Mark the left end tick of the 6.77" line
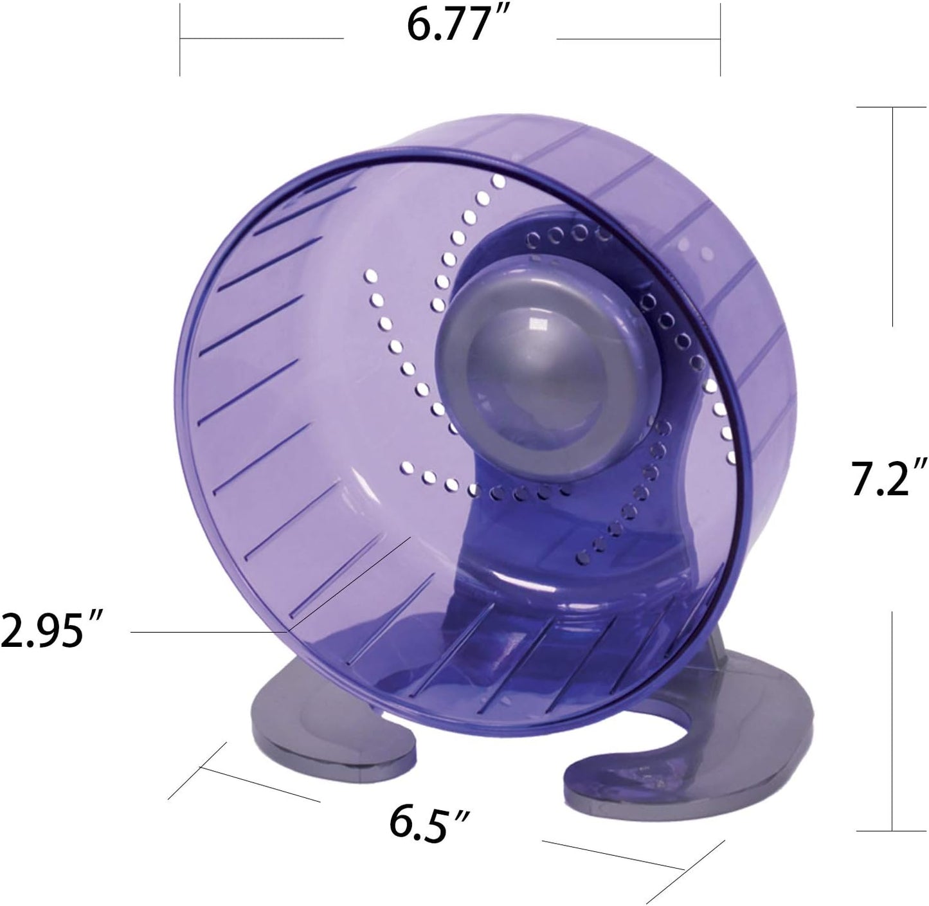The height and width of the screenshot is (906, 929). coord(180,39)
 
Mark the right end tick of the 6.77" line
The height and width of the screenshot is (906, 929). coord(720,39)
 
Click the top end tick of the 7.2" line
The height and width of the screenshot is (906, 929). coord(891,107)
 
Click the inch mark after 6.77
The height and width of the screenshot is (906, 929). coord(496,19)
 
